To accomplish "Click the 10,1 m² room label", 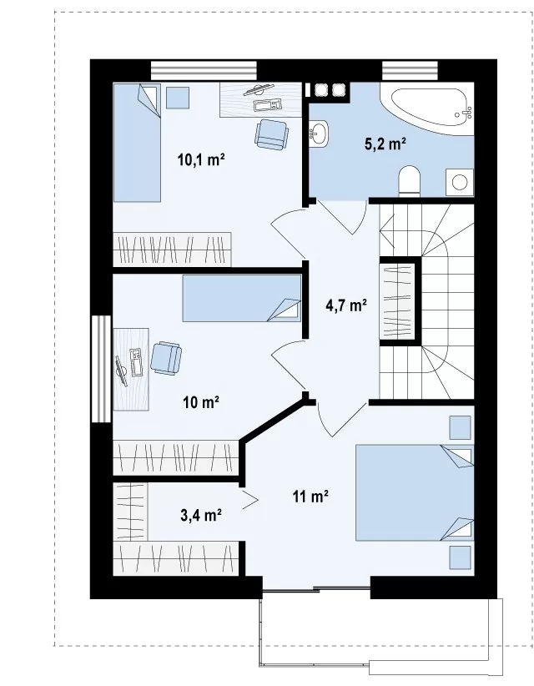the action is [201, 159].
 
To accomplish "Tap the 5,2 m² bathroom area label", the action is [385, 143].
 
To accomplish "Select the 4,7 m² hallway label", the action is [346, 305].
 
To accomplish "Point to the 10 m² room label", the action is [201, 401].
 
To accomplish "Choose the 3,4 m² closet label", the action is [201, 515].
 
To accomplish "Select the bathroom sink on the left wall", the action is [318, 134].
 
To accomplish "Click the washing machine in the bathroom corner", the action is [460, 182].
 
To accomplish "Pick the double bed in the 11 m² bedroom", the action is [415, 493].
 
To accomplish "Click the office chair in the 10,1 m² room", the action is [272, 134].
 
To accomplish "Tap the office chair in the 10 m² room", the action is [166, 358].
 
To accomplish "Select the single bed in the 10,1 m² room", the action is [137, 143].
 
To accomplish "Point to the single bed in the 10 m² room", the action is [242, 298].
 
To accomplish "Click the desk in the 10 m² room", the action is [131, 369].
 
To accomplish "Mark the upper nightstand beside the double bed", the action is [460, 427].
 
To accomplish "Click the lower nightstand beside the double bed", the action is [460, 557].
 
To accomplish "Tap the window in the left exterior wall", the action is [102, 368].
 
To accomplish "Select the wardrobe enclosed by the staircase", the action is [397, 301].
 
